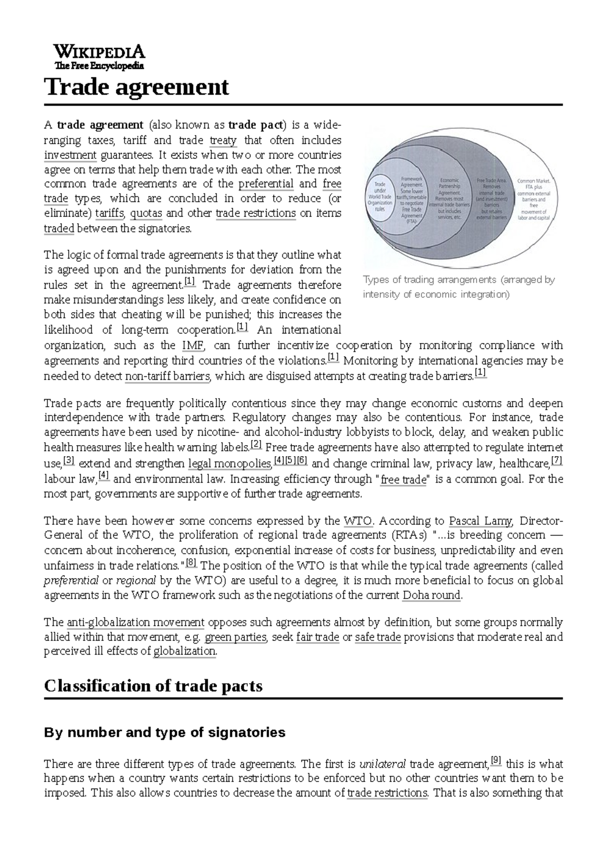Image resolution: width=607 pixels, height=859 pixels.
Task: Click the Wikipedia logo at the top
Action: coord(99,57)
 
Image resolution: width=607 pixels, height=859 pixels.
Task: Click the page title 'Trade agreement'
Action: coord(137,88)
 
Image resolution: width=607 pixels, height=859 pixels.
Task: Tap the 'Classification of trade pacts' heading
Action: coord(153,686)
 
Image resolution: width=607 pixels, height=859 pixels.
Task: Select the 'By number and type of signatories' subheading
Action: coord(164,732)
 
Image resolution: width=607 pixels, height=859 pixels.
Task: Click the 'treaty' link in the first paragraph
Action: coord(223,140)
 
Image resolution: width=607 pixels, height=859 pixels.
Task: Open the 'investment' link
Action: coord(70,155)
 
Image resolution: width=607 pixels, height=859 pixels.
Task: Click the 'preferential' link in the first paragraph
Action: coord(266,184)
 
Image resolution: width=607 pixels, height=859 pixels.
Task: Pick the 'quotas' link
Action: coord(146,213)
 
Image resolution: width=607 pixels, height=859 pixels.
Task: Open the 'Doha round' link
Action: coord(431,595)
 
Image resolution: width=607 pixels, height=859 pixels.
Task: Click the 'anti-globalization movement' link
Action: coord(136,622)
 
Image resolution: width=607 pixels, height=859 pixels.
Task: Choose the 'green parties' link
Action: coord(235,637)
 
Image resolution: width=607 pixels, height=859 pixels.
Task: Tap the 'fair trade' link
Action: coord(317,637)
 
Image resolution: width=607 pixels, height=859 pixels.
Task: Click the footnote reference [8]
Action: coord(191,563)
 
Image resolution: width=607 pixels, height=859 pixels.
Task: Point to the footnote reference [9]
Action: coord(496,760)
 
